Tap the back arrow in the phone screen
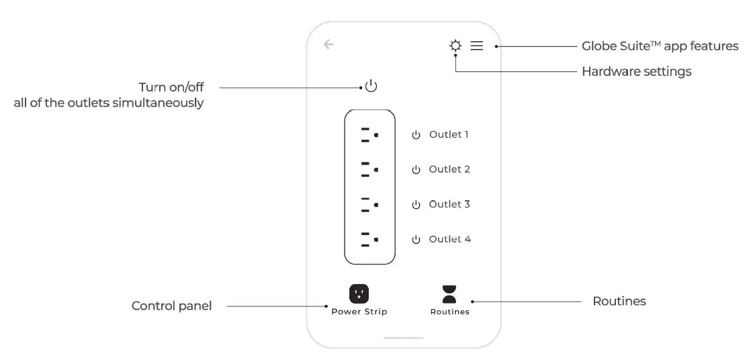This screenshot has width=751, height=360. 328,45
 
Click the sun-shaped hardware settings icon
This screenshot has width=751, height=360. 455,46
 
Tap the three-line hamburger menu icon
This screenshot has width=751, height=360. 476,46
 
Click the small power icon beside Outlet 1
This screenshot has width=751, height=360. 416,135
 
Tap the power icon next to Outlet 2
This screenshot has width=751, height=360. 416,170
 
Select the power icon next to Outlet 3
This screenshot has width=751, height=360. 416,205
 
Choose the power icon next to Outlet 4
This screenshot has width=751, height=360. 416,240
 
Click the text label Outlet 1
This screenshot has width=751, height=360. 449,134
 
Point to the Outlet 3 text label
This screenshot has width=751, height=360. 449,204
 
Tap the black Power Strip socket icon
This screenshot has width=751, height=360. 359,294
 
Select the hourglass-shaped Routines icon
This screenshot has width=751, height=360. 449,294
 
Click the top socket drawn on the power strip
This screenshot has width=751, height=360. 369,135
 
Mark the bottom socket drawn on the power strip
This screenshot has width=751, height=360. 369,240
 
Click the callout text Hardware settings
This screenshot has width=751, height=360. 636,71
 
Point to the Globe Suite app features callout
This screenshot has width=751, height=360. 660,46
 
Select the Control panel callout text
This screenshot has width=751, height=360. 171,306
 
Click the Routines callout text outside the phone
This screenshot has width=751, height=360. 619,302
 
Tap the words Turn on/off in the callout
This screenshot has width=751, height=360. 171,87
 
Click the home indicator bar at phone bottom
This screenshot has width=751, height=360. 404,338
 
